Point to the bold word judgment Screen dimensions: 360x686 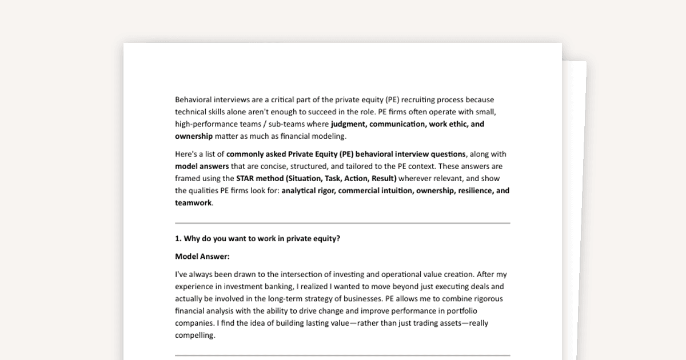point(349,124)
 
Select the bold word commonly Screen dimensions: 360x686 point(246,154)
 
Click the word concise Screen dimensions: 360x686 point(276,166)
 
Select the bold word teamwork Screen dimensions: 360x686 point(193,202)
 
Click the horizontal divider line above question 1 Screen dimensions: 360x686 point(342,223)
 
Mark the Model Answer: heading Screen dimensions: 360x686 point(202,257)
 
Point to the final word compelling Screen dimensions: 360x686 point(195,335)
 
